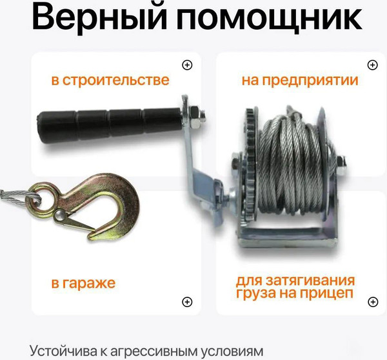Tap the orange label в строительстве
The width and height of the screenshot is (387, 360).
point(110,81)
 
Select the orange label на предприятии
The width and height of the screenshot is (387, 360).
point(300,81)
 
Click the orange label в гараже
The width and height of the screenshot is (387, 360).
point(84,284)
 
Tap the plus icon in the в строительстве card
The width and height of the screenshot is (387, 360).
point(187,65)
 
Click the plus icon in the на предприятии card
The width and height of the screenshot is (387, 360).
point(372,65)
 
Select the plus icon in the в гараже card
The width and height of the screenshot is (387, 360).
point(187,301)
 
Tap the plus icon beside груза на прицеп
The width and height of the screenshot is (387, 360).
point(372,301)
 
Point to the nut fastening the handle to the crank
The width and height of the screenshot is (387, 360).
point(198,117)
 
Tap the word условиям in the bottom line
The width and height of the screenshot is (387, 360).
point(232,351)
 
